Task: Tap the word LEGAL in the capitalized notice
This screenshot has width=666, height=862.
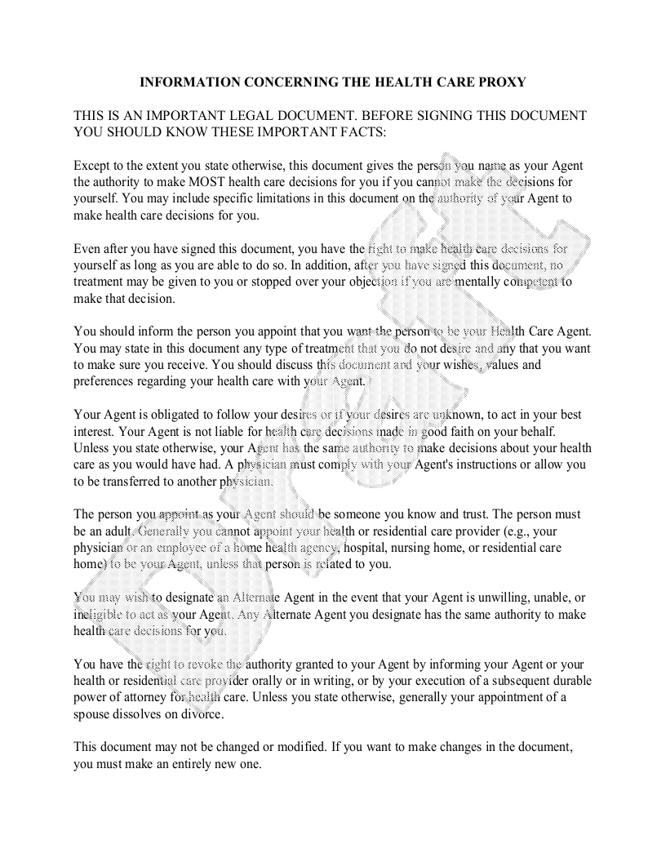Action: click(x=269, y=116)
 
